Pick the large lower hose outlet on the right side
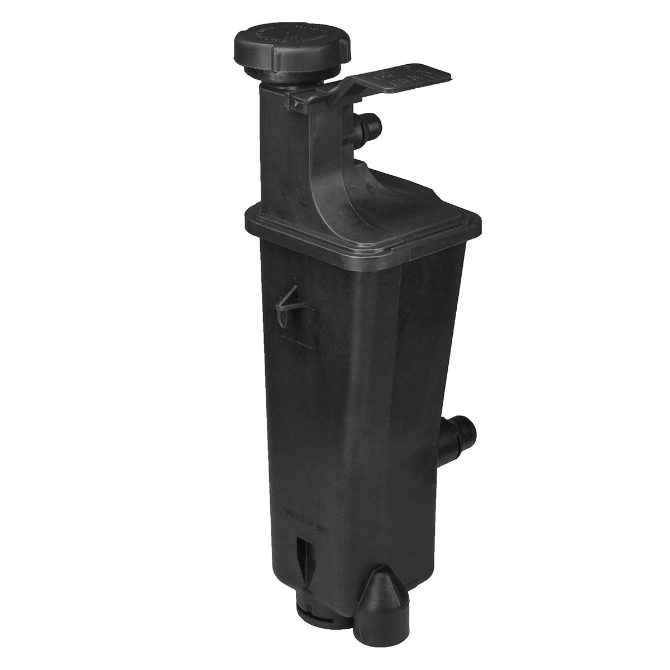coord(455,439)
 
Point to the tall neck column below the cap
coord(274,145)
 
